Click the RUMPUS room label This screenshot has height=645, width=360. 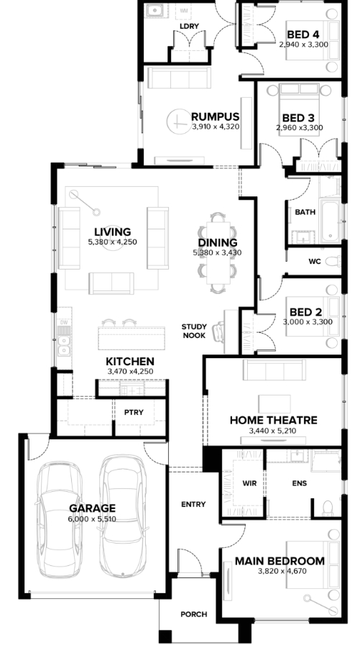click(215, 116)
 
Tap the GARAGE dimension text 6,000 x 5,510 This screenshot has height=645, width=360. click(92, 519)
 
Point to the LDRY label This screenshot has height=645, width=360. click(189, 27)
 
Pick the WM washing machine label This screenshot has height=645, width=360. click(183, 10)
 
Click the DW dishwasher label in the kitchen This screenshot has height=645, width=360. click(64, 322)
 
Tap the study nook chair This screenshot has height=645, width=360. click(218, 331)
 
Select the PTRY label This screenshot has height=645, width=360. click(134, 412)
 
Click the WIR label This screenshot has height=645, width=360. click(249, 483)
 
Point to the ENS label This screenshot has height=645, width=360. click(299, 483)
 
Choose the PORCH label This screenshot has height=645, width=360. click(193, 615)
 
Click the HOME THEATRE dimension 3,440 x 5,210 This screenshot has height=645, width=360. click(273, 431)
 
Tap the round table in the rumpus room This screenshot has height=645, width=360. click(179, 122)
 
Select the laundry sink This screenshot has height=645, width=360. click(154, 10)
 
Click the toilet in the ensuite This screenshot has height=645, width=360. click(328, 509)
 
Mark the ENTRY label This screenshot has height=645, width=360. click(193, 504)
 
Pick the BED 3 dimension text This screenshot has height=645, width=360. click(299, 127)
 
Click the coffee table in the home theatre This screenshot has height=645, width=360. click(274, 403)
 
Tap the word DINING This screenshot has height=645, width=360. click(218, 243)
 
